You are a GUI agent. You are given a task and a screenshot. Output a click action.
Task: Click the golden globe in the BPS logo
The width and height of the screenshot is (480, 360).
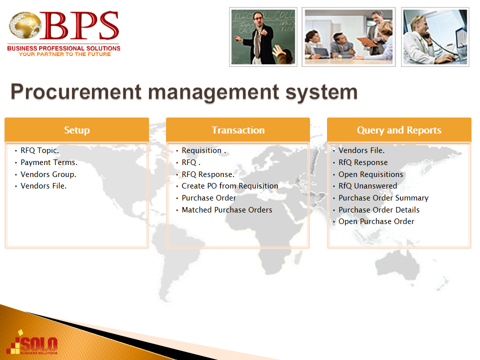click(x=25, y=25)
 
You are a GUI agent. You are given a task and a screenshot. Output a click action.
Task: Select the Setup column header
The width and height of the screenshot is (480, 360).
click(x=77, y=130)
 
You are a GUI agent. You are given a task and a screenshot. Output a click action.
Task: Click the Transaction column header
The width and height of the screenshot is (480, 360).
click(x=238, y=130)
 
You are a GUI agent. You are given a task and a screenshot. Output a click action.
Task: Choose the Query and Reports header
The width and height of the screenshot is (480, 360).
click(x=399, y=130)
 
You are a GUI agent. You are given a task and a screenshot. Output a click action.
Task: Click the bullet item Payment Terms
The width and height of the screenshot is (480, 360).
click(x=49, y=162)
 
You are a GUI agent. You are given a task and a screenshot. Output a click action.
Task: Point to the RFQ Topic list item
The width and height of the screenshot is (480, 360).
click(x=40, y=150)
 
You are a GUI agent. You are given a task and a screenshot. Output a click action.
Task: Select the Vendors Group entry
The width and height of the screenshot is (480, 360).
click(x=48, y=174)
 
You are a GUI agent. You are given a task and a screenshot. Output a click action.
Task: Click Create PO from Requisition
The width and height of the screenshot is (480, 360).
click(x=230, y=186)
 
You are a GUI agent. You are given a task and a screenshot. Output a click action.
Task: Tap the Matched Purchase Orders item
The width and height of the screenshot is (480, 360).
click(x=227, y=209)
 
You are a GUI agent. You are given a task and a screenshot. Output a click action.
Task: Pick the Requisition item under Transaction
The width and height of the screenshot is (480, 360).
click(x=204, y=150)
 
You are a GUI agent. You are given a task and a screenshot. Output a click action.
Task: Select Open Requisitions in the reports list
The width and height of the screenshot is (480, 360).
click(x=370, y=174)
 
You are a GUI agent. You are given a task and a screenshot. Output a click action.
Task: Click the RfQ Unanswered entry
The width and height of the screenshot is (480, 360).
click(x=367, y=186)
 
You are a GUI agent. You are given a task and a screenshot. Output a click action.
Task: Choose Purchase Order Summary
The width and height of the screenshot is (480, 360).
click(x=383, y=198)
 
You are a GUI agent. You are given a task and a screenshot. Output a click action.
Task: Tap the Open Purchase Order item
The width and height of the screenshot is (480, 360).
click(x=376, y=221)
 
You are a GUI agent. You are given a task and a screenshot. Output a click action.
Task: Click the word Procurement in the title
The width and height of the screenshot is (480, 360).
click(x=76, y=92)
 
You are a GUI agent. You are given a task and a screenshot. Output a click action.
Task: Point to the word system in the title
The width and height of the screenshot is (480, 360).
click(x=321, y=92)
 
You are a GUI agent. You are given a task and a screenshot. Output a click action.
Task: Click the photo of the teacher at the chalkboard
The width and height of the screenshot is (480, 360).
click(x=263, y=36)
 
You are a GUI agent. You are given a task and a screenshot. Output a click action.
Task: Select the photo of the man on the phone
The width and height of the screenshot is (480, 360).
click(x=435, y=36)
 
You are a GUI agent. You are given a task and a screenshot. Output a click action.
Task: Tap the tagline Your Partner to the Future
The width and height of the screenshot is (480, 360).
click(x=64, y=54)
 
